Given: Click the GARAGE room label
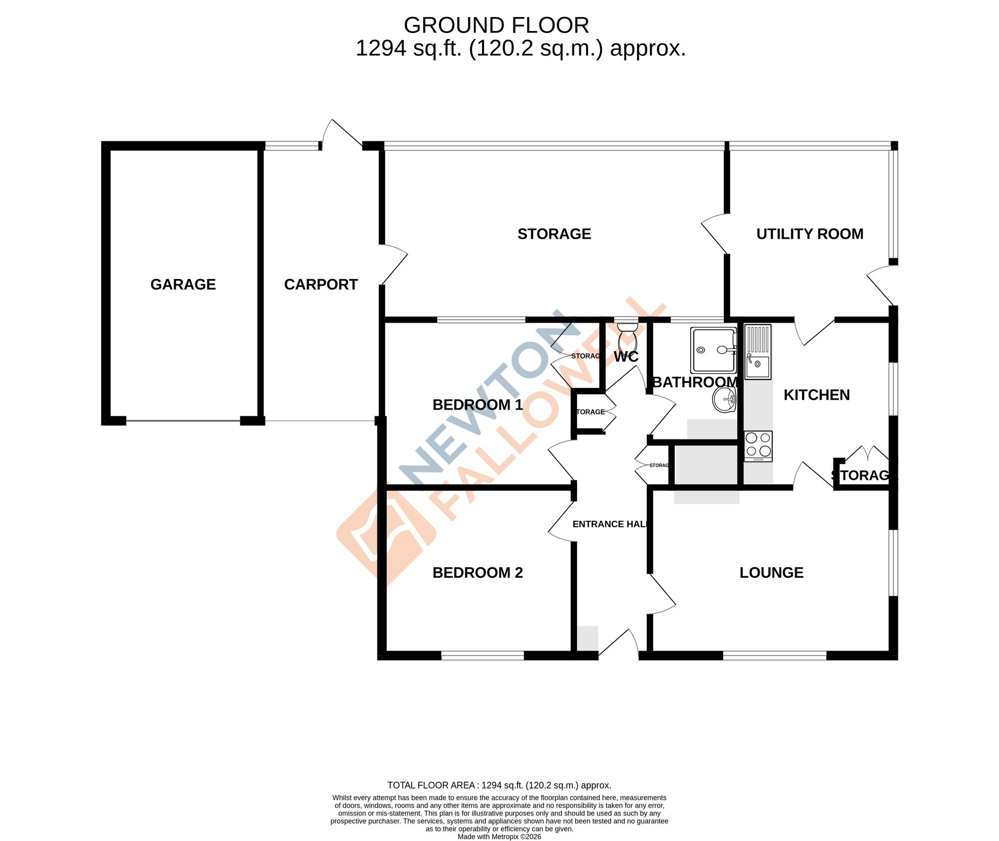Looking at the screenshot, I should (x=183, y=285).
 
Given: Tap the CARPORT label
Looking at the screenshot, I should (x=321, y=285).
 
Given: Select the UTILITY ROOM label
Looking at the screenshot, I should (x=810, y=234).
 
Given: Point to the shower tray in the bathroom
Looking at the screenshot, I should (x=714, y=350).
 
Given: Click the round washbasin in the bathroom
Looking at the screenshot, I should (x=725, y=400).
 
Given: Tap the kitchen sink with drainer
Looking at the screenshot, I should (x=758, y=352).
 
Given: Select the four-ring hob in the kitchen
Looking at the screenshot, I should (x=758, y=446).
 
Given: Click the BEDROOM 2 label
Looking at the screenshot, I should (x=478, y=573).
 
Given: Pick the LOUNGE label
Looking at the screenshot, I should (x=771, y=573).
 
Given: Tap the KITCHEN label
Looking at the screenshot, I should (x=817, y=395).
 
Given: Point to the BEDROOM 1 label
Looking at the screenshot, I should (x=478, y=405).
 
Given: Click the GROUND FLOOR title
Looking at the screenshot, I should (x=496, y=25).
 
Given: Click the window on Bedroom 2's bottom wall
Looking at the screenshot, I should (x=483, y=656).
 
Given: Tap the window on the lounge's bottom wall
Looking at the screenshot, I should (x=775, y=656).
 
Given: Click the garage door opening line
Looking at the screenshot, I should (x=183, y=421).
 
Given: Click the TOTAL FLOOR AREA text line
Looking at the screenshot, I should (x=499, y=786).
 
